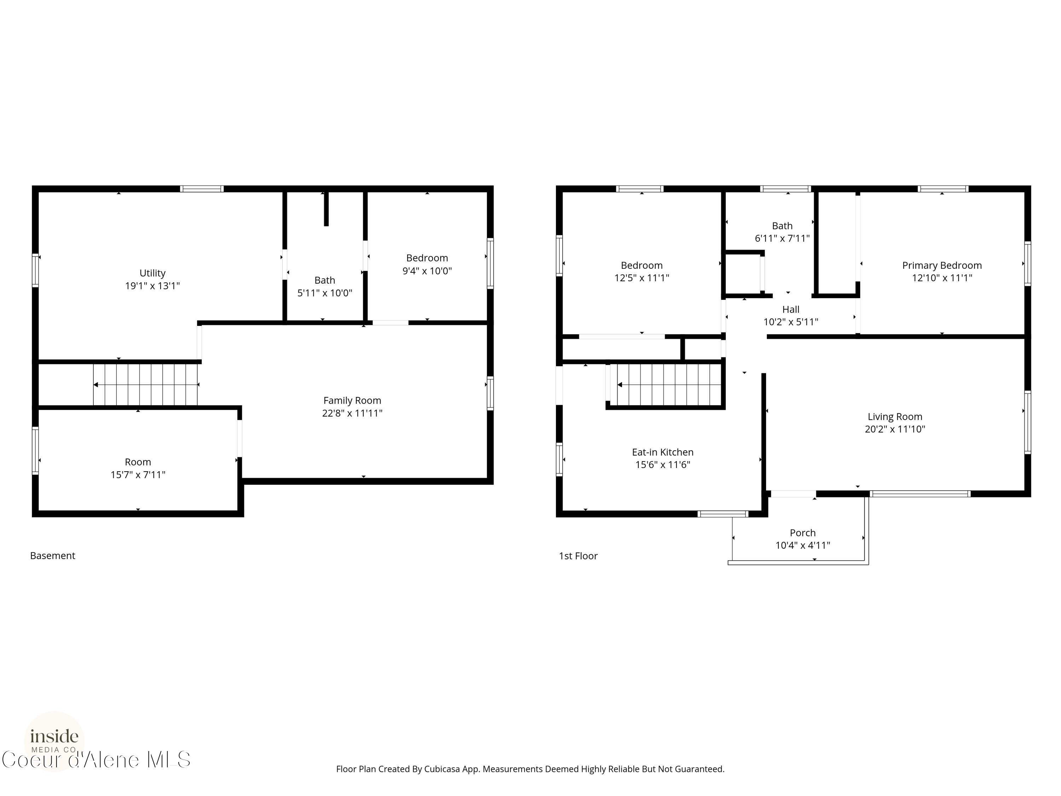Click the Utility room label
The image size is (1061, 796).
coord(152,273)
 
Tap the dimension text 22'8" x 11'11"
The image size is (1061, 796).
coord(352,413)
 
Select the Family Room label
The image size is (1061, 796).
coord(352,400)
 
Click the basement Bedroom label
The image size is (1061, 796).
coord(427,258)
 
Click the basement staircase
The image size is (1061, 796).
coord(145,384)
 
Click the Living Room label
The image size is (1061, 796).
coord(894,417)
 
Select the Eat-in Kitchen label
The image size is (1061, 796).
coord(662,452)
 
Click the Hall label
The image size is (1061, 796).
coord(790,310)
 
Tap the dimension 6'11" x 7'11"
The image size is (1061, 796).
coord(782,238)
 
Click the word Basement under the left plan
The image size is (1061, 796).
coord(53,556)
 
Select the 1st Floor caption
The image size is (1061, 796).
coord(578,556)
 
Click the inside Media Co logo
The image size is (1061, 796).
coord(54,741)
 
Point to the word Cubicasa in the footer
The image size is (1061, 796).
coord(442,769)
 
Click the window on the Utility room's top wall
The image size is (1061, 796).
coord(202,189)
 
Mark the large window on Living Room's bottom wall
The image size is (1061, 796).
coord(921,494)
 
